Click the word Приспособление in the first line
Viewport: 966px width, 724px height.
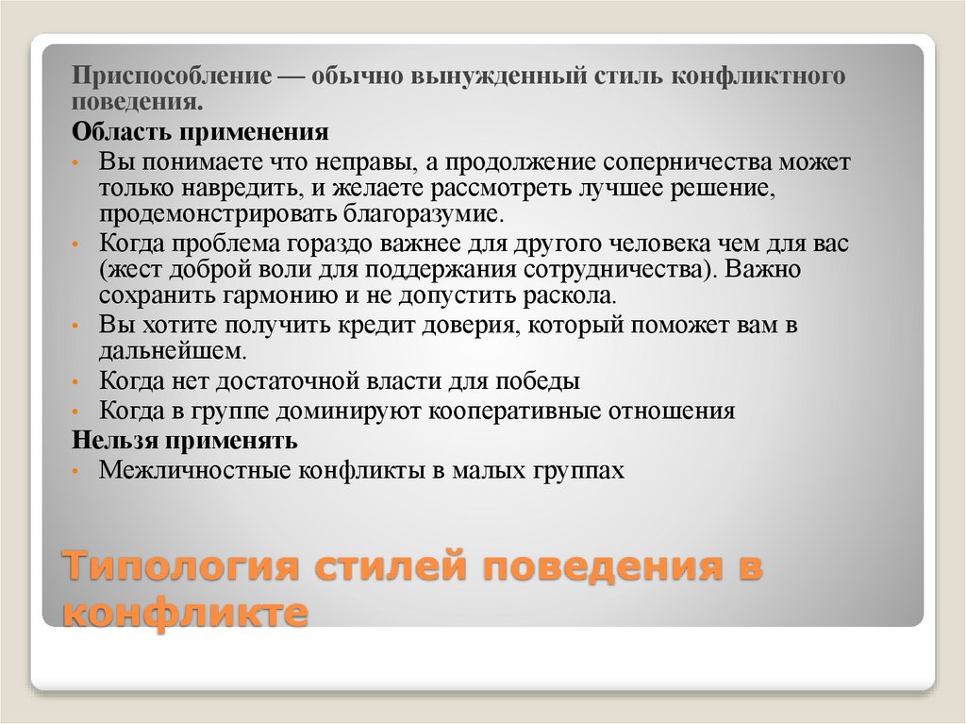click(x=166, y=74)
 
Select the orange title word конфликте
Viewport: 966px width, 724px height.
click(x=185, y=614)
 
